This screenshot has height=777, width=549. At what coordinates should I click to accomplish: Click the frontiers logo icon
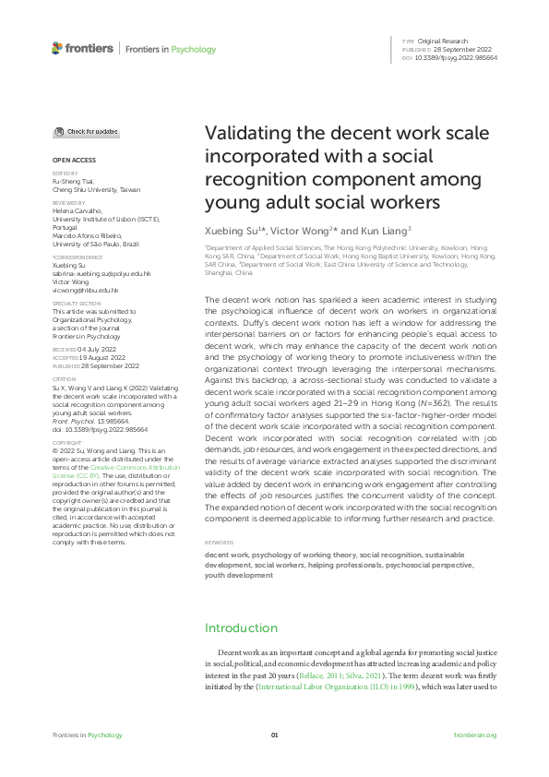tap(57, 48)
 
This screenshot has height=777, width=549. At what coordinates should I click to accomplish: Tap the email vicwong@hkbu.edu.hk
tap(85, 291)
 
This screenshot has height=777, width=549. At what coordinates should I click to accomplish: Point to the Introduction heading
tap(240, 628)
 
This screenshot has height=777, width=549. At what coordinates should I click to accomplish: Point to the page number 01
tap(274, 735)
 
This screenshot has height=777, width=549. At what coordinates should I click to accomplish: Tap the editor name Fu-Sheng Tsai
tap(72, 181)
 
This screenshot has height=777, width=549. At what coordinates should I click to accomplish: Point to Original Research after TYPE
tap(444, 42)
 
